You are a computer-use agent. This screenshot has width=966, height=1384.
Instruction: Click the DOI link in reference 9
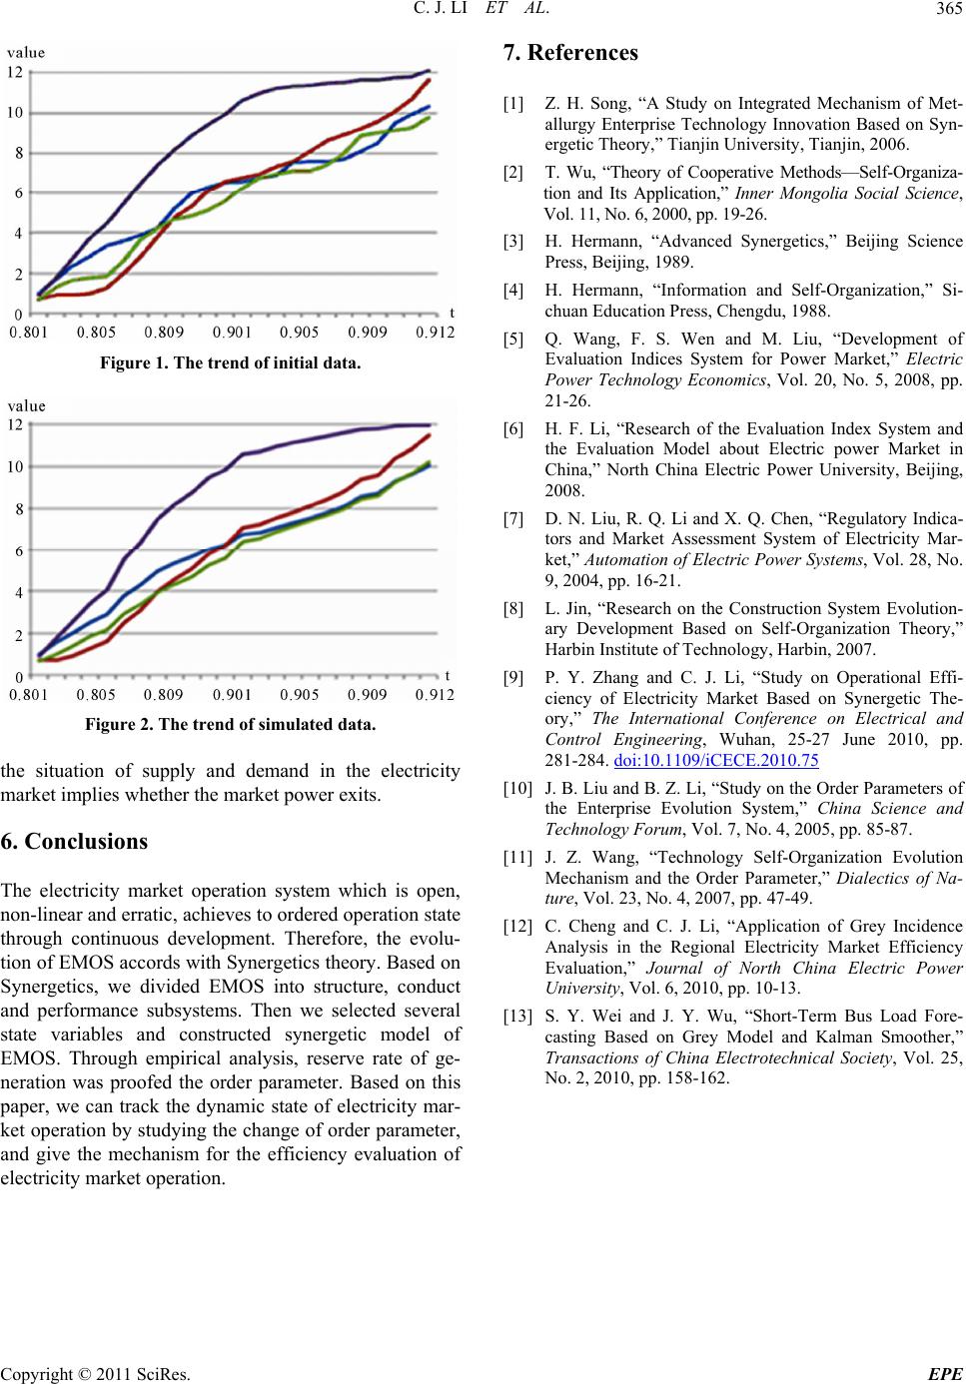coord(715,759)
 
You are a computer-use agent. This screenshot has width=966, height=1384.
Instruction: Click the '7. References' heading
coord(570,53)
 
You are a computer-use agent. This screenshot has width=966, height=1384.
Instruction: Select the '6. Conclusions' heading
coord(74,841)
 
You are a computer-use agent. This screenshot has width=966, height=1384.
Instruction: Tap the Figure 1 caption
coord(230,362)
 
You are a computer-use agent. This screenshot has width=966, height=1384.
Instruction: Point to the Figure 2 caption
coord(230,724)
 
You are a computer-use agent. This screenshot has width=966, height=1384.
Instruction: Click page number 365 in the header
coord(949,9)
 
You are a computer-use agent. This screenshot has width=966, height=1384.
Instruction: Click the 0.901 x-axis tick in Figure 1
coord(232,333)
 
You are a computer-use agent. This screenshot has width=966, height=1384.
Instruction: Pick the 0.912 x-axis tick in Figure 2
coord(435,694)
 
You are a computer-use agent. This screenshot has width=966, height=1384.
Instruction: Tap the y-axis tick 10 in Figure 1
coord(15,113)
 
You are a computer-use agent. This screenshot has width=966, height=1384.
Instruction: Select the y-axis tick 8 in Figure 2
coord(19,509)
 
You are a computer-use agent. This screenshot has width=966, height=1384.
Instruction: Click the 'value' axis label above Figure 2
coord(26,406)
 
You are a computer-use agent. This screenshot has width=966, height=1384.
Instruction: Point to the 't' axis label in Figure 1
coord(452,314)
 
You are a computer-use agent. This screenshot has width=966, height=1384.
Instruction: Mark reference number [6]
coord(513,428)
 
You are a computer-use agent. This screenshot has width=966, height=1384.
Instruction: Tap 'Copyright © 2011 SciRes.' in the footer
coord(95,1374)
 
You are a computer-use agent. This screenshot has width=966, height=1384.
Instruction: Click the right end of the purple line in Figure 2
coord(430,425)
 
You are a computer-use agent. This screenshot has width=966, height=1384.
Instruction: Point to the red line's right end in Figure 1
coord(429,80)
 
